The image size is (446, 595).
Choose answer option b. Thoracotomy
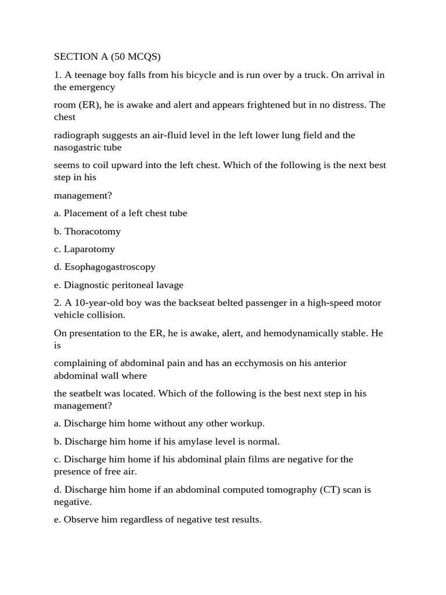click(x=87, y=231)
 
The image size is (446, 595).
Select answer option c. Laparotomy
click(x=84, y=249)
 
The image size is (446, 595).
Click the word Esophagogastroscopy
click(x=110, y=267)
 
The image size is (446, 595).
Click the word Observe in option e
click(x=81, y=519)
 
